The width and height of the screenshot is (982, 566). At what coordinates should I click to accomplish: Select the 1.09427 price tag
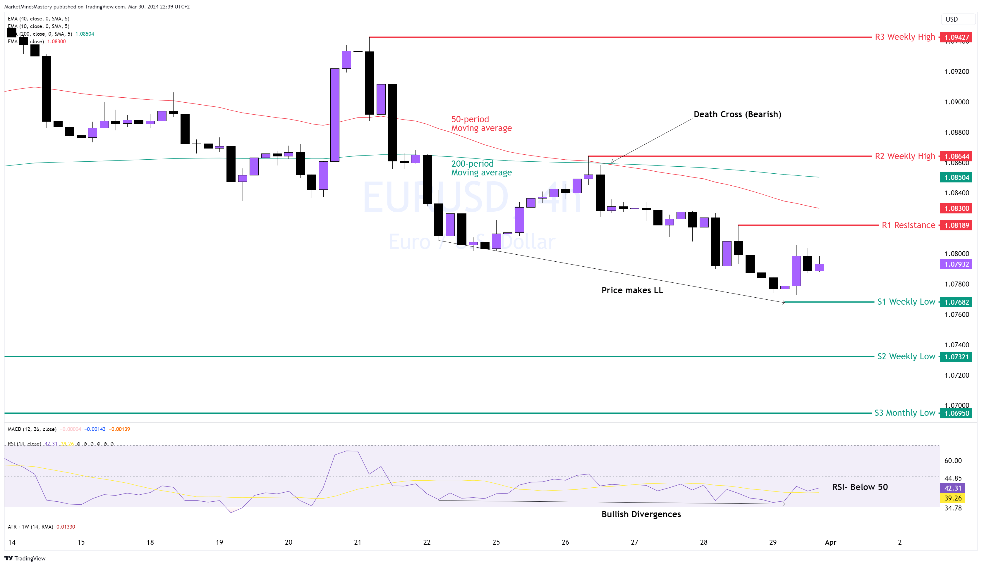956,37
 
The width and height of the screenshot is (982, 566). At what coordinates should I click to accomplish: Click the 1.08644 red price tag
956,156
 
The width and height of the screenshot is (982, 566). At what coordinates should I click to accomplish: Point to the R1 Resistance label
908,225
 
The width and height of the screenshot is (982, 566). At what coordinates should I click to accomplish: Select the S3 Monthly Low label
904,413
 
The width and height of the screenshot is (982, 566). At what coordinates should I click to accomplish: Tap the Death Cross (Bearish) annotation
737,114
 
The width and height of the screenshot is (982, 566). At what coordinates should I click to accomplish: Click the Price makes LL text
632,290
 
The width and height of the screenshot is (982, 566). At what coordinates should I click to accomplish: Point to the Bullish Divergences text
641,514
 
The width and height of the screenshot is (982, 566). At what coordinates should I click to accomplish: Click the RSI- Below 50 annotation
860,487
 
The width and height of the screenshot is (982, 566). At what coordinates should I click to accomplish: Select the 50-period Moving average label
481,124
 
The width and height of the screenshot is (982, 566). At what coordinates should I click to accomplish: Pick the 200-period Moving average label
481,168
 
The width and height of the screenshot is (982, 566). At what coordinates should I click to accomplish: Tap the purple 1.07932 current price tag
956,264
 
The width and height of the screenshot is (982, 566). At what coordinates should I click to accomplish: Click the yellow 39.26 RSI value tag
952,498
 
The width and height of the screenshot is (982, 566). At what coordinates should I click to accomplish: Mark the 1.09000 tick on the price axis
956,102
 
